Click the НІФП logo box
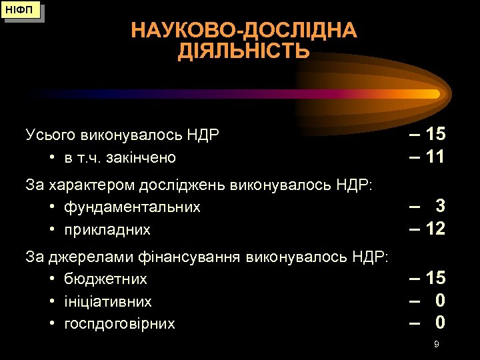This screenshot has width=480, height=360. click(x=21, y=11)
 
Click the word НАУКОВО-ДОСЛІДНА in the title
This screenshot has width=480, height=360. click(x=244, y=31)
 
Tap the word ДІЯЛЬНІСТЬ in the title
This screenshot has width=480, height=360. click(x=244, y=51)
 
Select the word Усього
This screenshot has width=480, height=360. click(x=51, y=135)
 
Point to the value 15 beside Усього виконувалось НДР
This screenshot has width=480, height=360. click(x=435, y=134)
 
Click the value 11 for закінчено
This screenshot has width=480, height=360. click(x=435, y=157)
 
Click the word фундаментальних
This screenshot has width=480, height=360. click(x=132, y=207)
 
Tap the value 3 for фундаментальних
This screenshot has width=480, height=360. click(x=440, y=207)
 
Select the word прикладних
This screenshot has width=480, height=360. click(x=107, y=230)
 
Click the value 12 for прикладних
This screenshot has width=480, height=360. click(x=435, y=229)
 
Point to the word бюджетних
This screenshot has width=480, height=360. click(x=105, y=279)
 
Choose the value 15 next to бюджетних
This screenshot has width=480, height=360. click(x=435, y=278)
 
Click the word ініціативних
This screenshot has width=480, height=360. click(x=108, y=301)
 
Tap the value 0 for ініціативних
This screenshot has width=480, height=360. click(x=440, y=301)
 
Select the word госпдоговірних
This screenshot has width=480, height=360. click(x=119, y=324)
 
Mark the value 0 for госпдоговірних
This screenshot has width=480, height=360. click(x=440, y=323)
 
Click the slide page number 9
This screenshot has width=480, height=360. click(x=436, y=344)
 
